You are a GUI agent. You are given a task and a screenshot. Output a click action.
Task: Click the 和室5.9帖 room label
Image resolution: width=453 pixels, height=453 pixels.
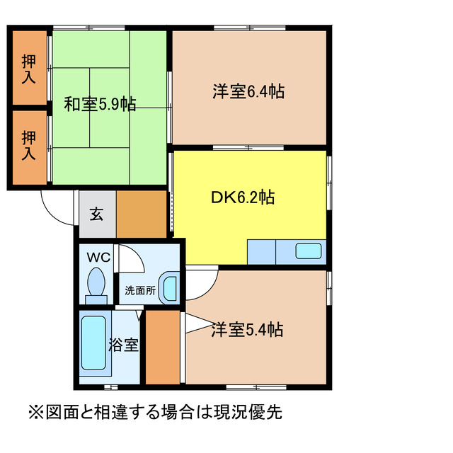(x=100, y=104)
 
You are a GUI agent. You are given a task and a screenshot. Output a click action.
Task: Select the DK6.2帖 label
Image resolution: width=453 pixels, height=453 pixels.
(x=242, y=197)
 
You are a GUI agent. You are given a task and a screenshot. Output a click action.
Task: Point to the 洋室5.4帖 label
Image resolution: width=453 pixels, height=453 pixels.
(x=247, y=330)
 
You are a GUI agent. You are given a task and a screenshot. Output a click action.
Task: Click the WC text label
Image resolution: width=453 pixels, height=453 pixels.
(x=97, y=257)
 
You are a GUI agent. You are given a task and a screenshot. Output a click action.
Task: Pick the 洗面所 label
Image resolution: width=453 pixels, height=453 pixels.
(x=139, y=289)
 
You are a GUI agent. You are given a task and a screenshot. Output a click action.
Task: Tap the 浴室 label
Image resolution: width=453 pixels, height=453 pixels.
(x=123, y=346)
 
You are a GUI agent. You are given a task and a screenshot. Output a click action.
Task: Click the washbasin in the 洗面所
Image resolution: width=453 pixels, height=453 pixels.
(x=170, y=288)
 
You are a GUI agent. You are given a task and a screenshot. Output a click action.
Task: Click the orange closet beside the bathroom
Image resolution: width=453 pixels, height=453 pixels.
(x=164, y=347)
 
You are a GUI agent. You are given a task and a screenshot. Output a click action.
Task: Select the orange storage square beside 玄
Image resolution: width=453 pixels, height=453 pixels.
(x=142, y=214)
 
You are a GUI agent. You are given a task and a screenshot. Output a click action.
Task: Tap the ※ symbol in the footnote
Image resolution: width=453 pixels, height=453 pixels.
(x=35, y=411)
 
